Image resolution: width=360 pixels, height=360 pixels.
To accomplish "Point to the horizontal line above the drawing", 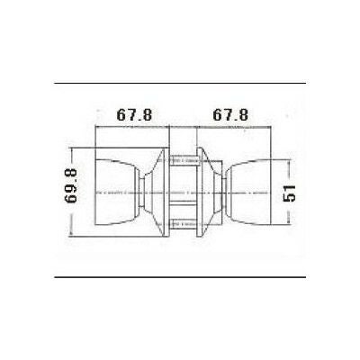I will pos(180,83).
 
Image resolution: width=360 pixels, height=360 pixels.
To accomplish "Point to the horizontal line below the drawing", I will pos(180,277).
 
